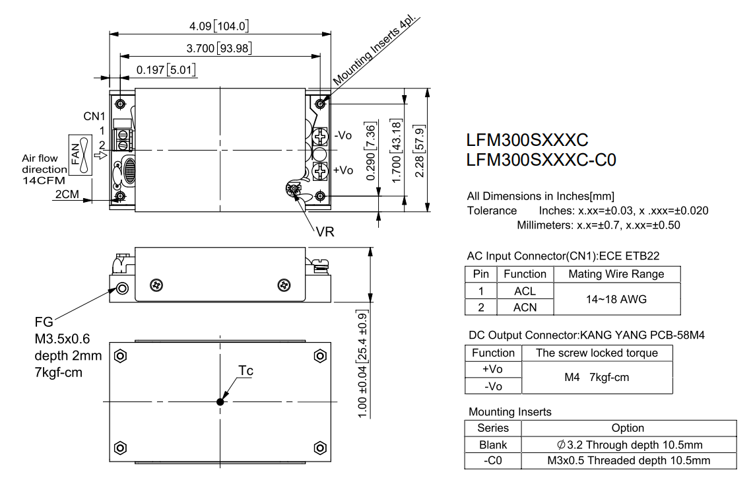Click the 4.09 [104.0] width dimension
tap(219, 26)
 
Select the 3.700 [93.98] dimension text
tap(219, 48)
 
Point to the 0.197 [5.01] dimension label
tap(166, 70)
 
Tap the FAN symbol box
tap(81, 155)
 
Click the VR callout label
tap(325, 232)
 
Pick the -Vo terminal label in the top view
tap(343, 135)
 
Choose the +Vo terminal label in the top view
tap(343, 170)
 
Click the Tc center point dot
tap(220, 401)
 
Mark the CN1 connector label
tap(94, 116)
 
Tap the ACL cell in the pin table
tap(525, 291)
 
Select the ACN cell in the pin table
tap(525, 307)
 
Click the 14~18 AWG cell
tap(616, 299)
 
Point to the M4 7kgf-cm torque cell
tap(597, 377)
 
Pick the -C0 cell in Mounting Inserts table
tap(493, 460)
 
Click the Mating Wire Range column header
tap(616, 274)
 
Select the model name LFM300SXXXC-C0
tap(541, 160)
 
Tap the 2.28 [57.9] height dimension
tap(419, 151)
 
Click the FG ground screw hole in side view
tap(123, 289)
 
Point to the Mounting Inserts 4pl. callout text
tap(376, 51)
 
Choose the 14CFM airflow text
tap(44, 181)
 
